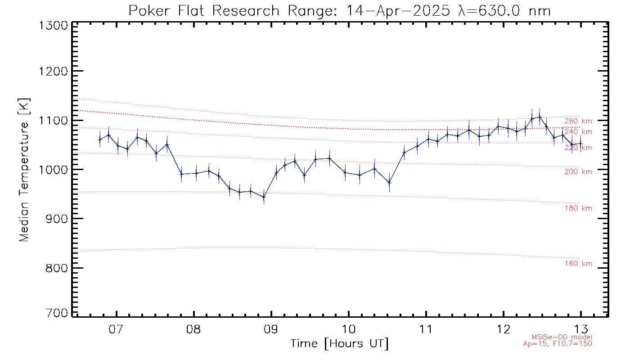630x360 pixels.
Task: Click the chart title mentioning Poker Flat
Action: click(339, 10)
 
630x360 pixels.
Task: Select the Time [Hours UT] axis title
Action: click(339, 344)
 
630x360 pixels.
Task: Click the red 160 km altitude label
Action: click(578, 264)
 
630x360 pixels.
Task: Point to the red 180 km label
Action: click(578, 208)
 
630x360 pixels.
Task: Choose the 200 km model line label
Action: click(578, 171)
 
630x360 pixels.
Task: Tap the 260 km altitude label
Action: click(578, 121)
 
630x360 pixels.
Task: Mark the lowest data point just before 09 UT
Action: click(264, 197)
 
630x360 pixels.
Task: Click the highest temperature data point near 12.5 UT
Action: click(540, 117)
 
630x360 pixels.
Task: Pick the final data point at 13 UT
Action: click(580, 144)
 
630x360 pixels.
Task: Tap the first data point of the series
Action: click(100, 139)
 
